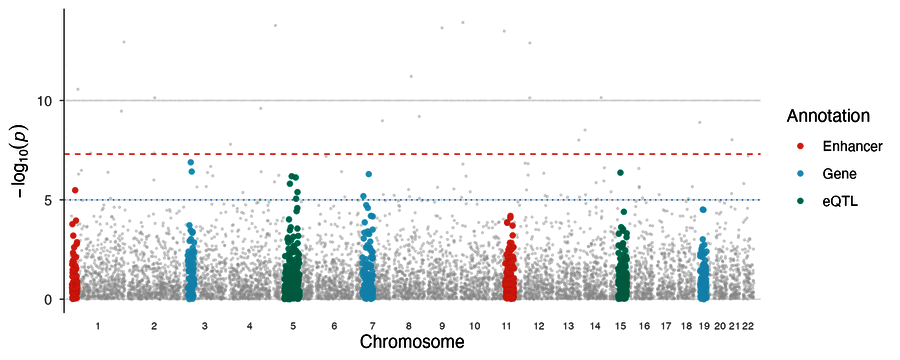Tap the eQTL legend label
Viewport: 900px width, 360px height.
pyautogui.click(x=838, y=200)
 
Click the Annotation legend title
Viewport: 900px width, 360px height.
pyautogui.click(x=827, y=116)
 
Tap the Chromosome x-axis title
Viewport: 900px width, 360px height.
pyautogui.click(x=412, y=342)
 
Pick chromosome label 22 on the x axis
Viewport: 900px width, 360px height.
pyautogui.click(x=747, y=327)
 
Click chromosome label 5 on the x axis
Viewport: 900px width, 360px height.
pyautogui.click(x=293, y=327)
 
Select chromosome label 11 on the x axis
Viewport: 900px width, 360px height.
pyautogui.click(x=506, y=327)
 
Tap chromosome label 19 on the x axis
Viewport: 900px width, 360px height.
pyautogui.click(x=704, y=327)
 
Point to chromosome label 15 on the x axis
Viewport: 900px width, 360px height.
pyautogui.click(x=621, y=327)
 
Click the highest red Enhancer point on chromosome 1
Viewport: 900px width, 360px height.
pyautogui.click(x=75, y=190)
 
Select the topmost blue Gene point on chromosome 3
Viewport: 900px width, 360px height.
pyautogui.click(x=191, y=162)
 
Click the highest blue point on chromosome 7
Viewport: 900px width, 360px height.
pyautogui.click(x=369, y=174)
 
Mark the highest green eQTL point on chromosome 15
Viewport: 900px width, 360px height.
pyautogui.click(x=620, y=173)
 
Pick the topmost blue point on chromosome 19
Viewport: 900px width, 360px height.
pyautogui.click(x=703, y=210)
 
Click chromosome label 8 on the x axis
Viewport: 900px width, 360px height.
pyautogui.click(x=409, y=327)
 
